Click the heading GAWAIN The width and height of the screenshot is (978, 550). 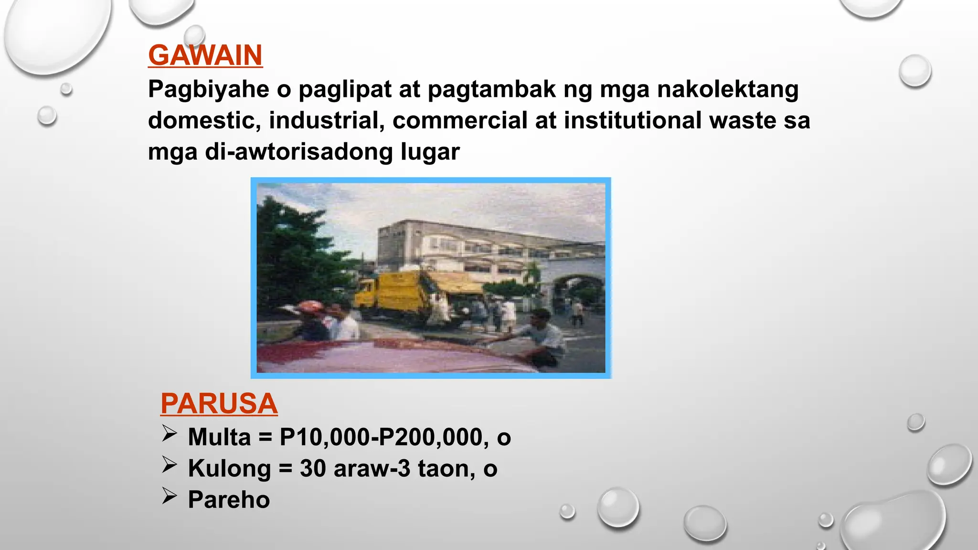pos(205,55)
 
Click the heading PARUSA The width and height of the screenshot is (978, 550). pos(219,404)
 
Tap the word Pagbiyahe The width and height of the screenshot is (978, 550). pos(208,90)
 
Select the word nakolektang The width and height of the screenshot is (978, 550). pos(727,90)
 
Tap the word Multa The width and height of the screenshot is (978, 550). pos(219,437)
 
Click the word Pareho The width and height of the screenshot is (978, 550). pos(229,500)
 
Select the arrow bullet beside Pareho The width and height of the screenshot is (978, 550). pos(169,496)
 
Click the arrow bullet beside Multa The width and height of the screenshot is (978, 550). pos(169,434)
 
